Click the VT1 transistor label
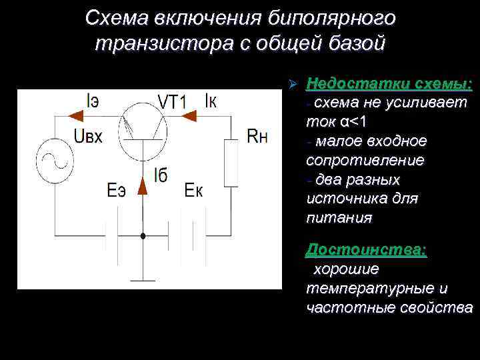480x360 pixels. click(x=171, y=101)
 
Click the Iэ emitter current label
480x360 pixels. click(x=94, y=101)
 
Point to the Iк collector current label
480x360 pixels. click(x=211, y=101)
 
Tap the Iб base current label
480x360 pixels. click(x=160, y=176)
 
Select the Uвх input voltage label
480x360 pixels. click(x=88, y=137)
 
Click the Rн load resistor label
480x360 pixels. click(x=257, y=137)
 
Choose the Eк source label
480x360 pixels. click(x=193, y=191)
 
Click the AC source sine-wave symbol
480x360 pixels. click(x=53, y=161)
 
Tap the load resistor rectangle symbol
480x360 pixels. click(x=231, y=163)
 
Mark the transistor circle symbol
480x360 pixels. click(x=143, y=132)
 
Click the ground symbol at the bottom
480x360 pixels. click(x=142, y=279)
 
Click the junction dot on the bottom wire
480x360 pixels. click(x=142, y=235)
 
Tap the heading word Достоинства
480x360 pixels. click(x=366, y=250)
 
